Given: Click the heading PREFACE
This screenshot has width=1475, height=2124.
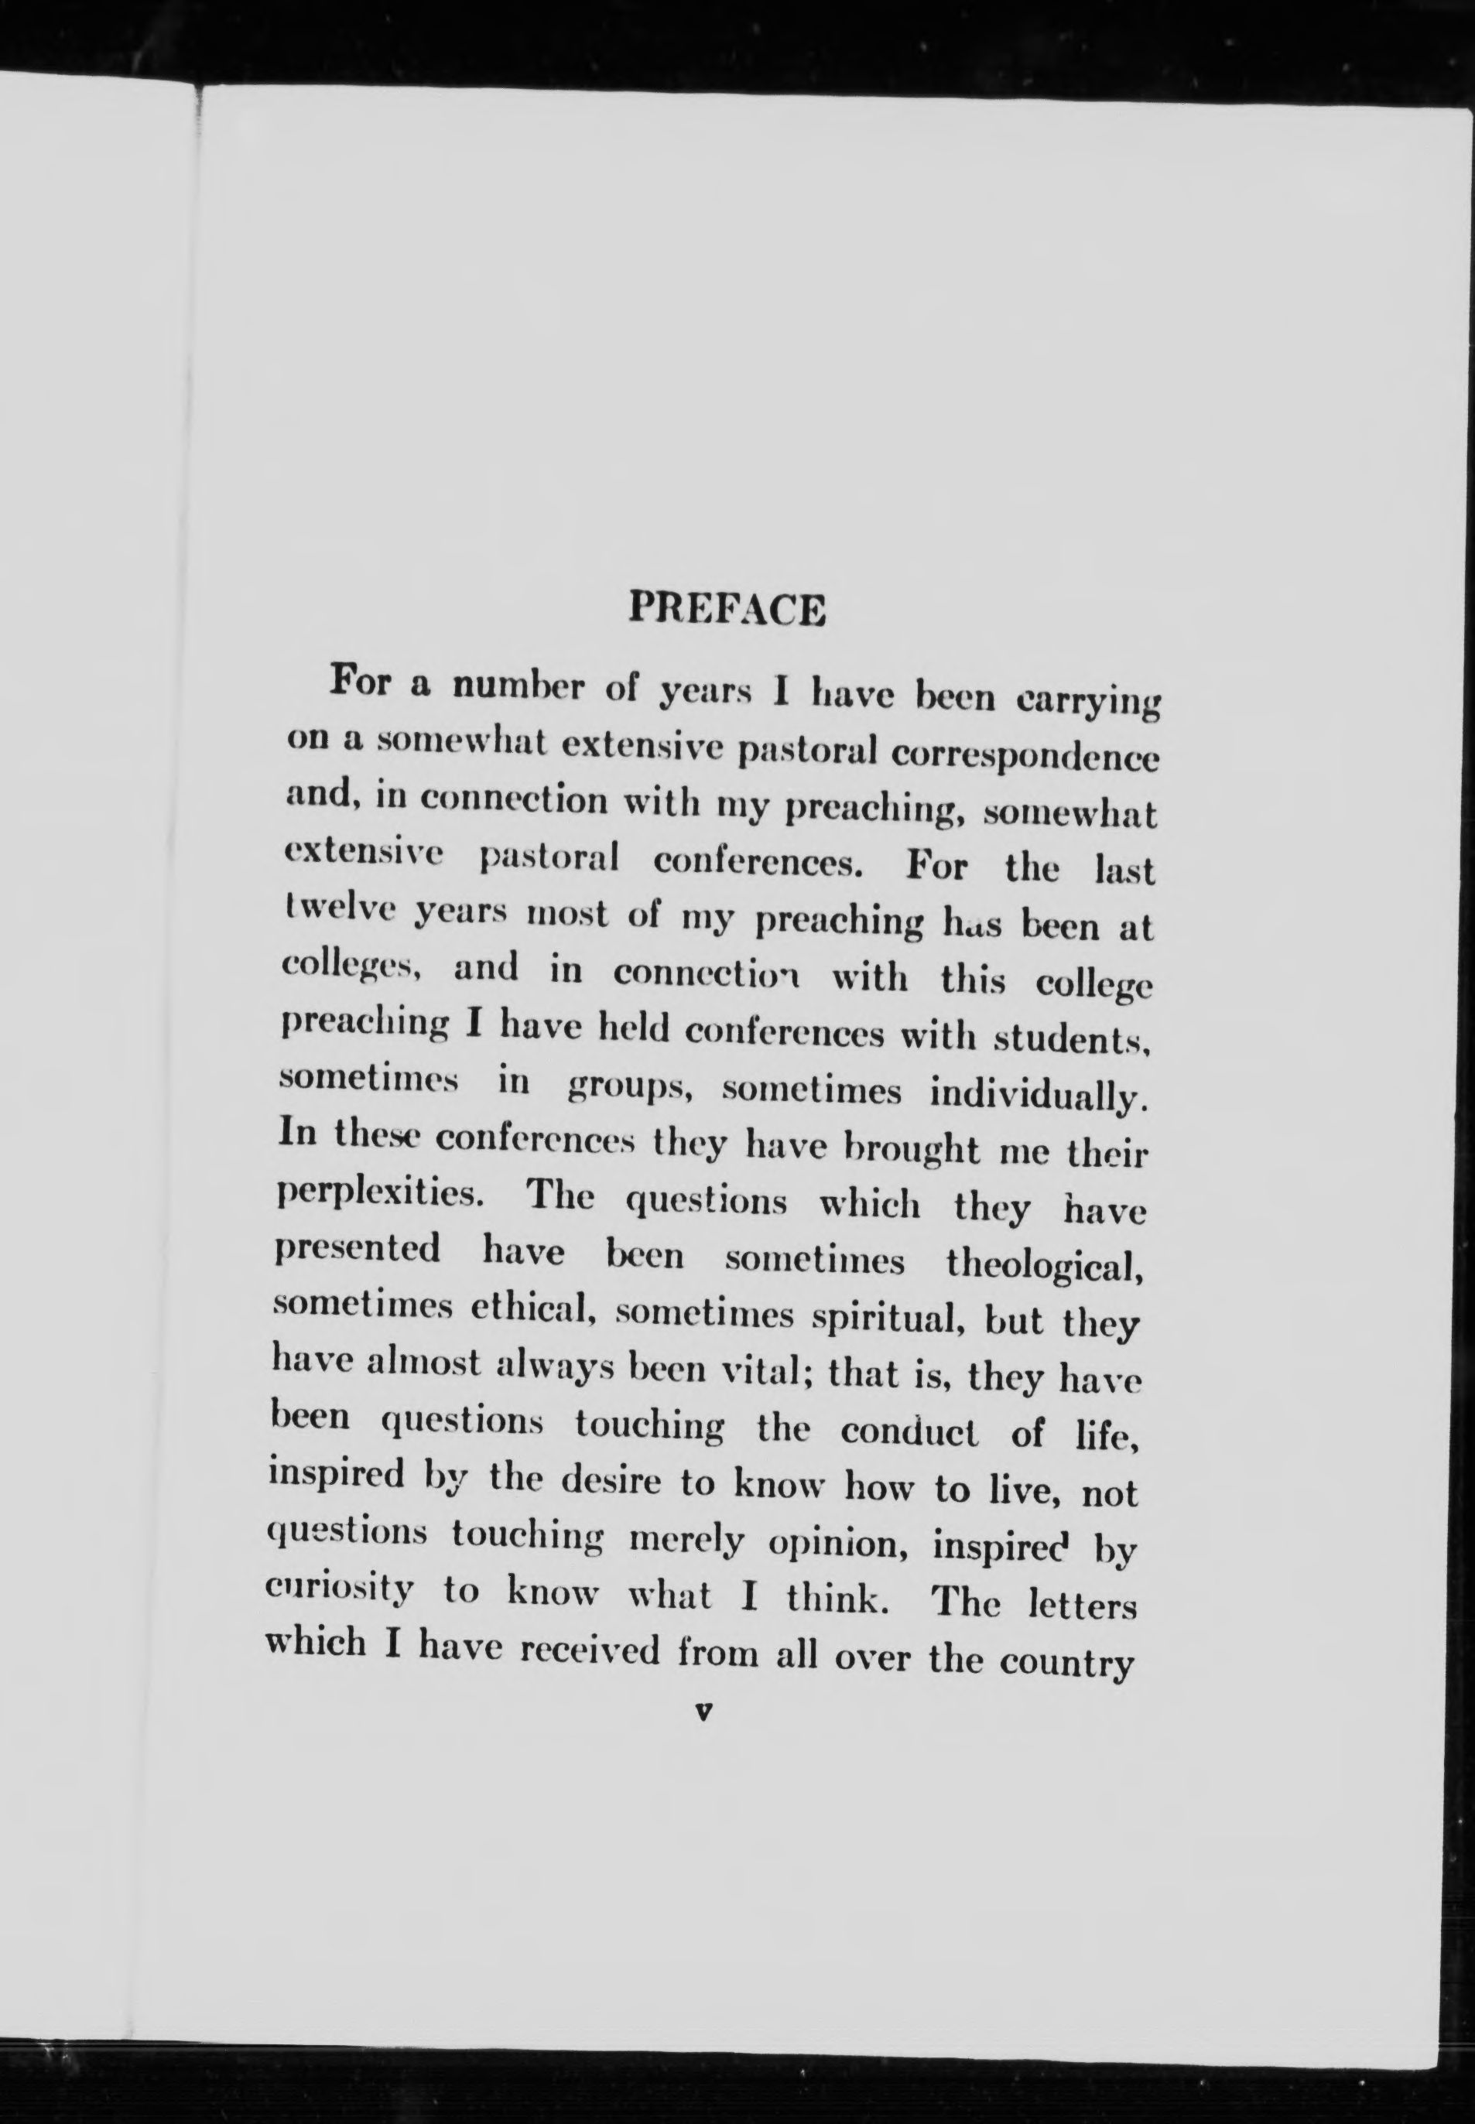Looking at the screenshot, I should tap(727, 610).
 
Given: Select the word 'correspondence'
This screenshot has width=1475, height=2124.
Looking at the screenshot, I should tap(1023, 761).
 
